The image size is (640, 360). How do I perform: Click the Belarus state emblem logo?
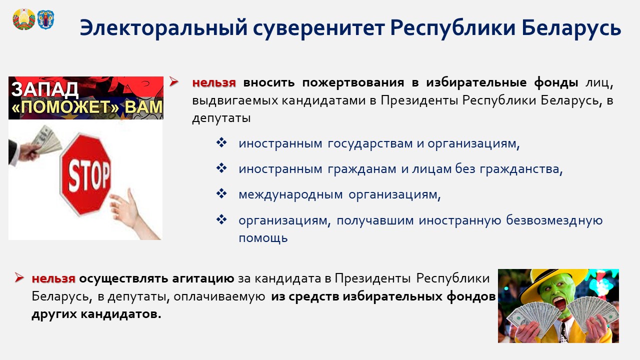tap(23, 19)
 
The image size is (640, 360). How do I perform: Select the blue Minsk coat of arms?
tap(45, 19)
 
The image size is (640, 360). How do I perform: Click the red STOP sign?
tap(85, 174)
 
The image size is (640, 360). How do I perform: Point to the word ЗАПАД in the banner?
tap(44, 89)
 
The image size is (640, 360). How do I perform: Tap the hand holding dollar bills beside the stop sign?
tap(34, 145)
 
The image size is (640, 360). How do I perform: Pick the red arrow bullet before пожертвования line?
tap(173, 81)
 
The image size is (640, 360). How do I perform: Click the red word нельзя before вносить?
tap(214, 82)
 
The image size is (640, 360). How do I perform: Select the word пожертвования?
tap(353, 82)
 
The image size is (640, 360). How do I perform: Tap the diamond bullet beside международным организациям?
tap(221, 193)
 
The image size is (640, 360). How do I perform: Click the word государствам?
tap(370, 143)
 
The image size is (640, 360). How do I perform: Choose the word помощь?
tap(263, 238)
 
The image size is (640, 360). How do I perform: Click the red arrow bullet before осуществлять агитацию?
tap(19, 277)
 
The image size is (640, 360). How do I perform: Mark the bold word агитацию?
tap(203, 278)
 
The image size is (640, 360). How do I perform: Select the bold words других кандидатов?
tap(96, 314)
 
